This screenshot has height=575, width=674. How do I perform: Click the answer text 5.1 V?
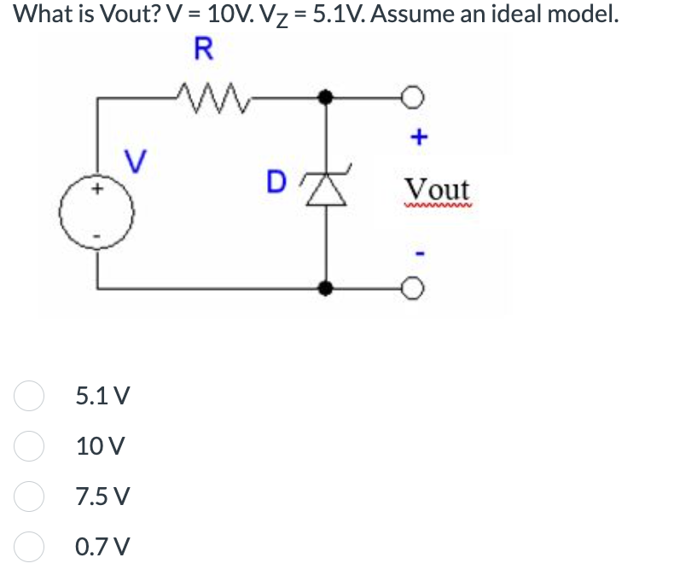(x=102, y=397)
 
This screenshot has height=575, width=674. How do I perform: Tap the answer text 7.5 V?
(x=102, y=496)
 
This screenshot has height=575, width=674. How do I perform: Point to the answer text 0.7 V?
(x=102, y=545)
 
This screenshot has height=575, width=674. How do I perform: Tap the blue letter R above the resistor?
(x=202, y=48)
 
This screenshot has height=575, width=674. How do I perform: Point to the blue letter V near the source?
(x=133, y=159)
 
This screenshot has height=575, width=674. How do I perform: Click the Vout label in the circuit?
(x=437, y=189)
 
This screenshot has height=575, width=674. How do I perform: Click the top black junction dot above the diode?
(x=325, y=97)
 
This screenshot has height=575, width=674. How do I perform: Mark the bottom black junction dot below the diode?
(x=325, y=289)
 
